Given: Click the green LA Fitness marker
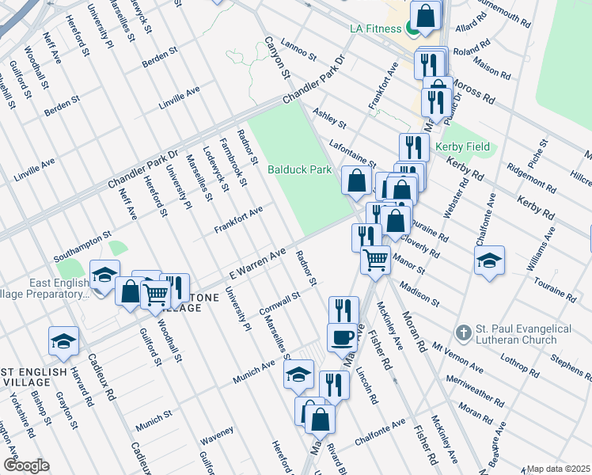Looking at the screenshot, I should pos(412,29).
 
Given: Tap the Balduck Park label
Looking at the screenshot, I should pos(298,170).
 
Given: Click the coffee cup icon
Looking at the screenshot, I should pos(343,336).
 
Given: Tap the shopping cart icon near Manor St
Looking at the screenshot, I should pos(375,259).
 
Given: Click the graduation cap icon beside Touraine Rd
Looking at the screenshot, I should pos(489,260).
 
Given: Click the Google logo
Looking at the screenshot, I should pos(25,465).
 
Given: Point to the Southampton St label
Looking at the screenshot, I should pos(82,246).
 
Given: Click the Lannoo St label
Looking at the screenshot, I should pos(299,57).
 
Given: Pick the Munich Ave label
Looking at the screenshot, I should pos(253,370).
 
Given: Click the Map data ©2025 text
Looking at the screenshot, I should pos(558,469).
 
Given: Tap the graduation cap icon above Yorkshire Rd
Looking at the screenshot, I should pos(63,340).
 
